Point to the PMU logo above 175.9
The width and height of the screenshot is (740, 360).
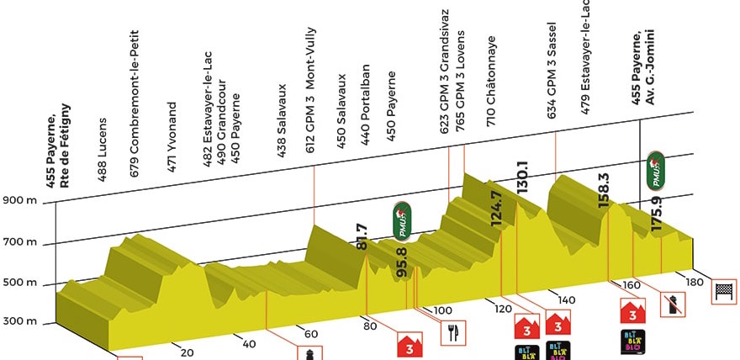point(657,171)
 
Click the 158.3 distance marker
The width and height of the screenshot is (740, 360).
point(603,190)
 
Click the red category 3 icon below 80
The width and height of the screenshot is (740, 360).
point(409,345)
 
